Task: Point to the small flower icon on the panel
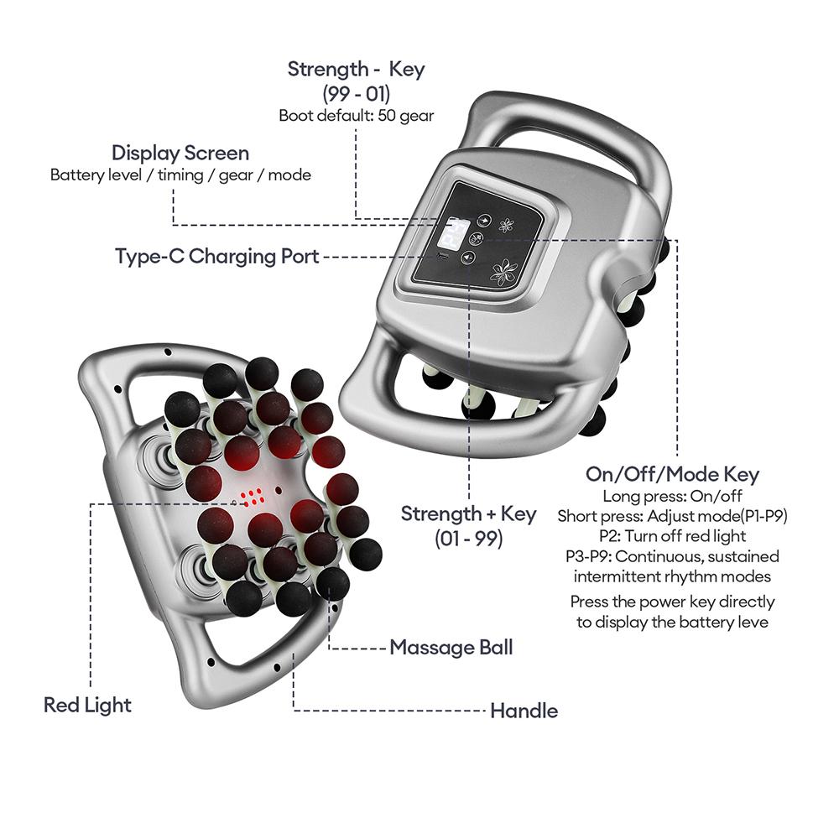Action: [x=506, y=226]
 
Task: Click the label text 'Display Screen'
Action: [x=180, y=154]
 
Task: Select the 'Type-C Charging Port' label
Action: [x=217, y=256]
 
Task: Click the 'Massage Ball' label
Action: [x=451, y=648]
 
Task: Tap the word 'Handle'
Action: [x=524, y=711]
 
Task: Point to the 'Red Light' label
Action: [x=87, y=705]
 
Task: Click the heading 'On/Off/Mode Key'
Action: [x=671, y=474]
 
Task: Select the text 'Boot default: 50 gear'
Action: [x=356, y=116]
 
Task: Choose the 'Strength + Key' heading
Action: [x=468, y=513]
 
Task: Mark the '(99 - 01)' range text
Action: [x=356, y=93]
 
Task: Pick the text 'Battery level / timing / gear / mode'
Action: [x=180, y=175]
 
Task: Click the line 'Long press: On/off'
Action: [x=672, y=497]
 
